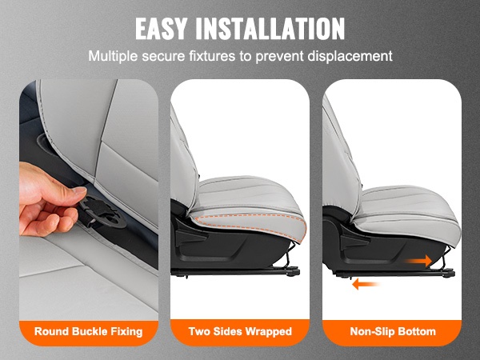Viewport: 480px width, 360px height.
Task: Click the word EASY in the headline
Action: click(161, 29)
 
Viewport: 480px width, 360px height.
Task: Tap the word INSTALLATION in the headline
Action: click(270, 29)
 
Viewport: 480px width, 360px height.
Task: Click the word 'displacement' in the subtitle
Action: click(350, 56)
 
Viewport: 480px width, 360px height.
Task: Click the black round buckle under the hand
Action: click(103, 213)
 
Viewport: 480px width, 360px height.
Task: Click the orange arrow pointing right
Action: click(418, 261)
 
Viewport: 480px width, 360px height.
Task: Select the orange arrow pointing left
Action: click(366, 284)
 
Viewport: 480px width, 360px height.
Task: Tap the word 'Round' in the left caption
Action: click(52, 331)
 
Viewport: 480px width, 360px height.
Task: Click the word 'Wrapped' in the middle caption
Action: click(269, 332)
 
